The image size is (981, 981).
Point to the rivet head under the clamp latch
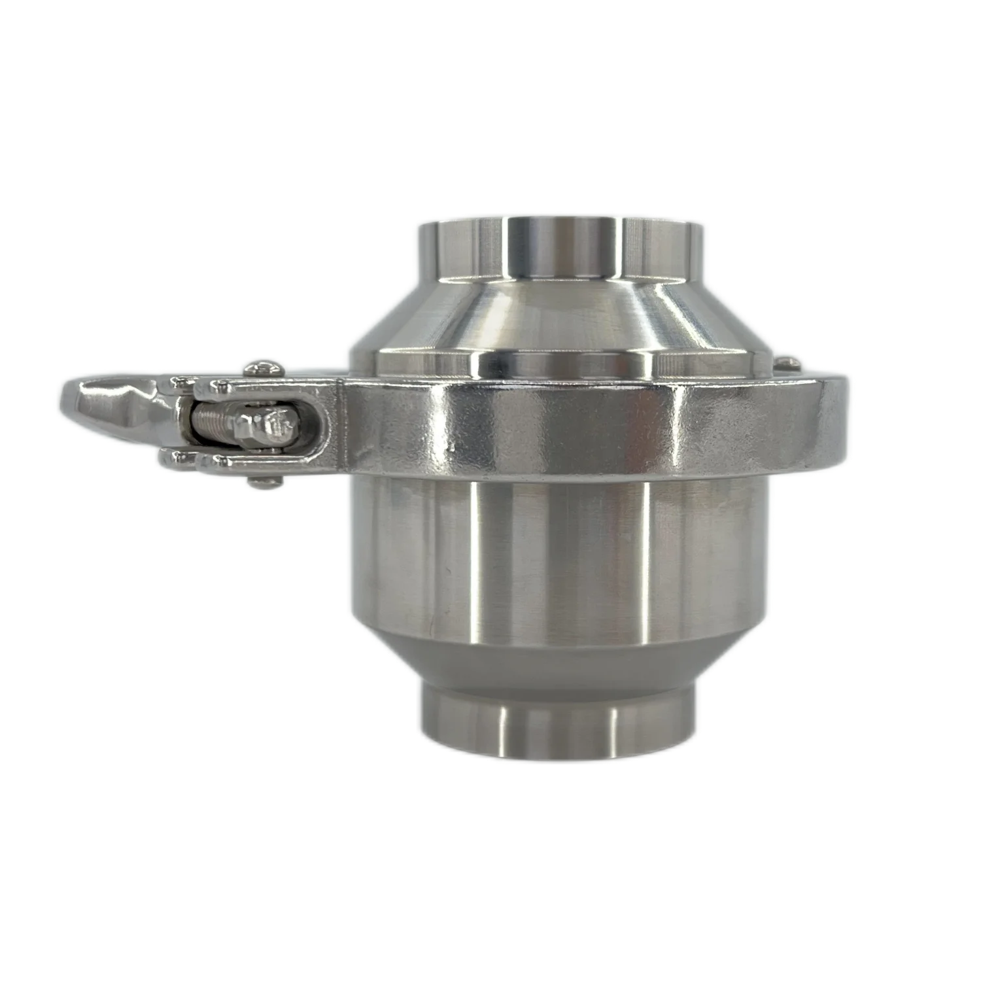click(x=262, y=482)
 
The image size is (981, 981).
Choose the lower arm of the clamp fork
click(x=196, y=461)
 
